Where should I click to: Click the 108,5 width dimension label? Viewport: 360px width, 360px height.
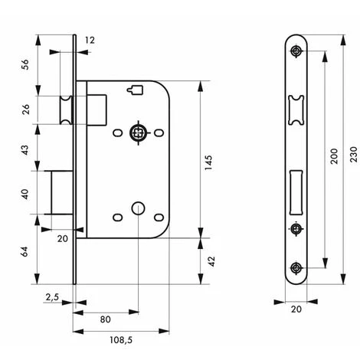[x=121, y=340]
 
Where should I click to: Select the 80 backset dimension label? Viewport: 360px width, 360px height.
[x=105, y=319]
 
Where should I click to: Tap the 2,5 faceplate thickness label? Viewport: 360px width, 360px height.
[x=52, y=297]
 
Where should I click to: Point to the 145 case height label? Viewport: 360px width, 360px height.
[x=208, y=163]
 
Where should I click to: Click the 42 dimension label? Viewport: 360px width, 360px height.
[x=211, y=261]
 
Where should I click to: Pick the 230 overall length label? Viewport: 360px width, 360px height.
[x=354, y=155]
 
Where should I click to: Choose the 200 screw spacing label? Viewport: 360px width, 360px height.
[x=334, y=156]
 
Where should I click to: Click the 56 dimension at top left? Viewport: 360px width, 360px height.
[x=25, y=64]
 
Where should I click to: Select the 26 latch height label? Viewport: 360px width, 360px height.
[x=25, y=110]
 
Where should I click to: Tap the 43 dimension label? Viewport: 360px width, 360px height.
[x=25, y=150]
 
